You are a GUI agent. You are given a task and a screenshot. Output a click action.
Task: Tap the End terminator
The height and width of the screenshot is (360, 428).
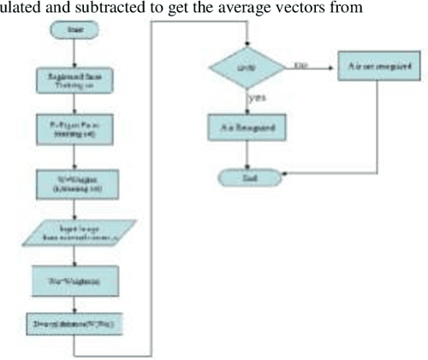click(x=247, y=177)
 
